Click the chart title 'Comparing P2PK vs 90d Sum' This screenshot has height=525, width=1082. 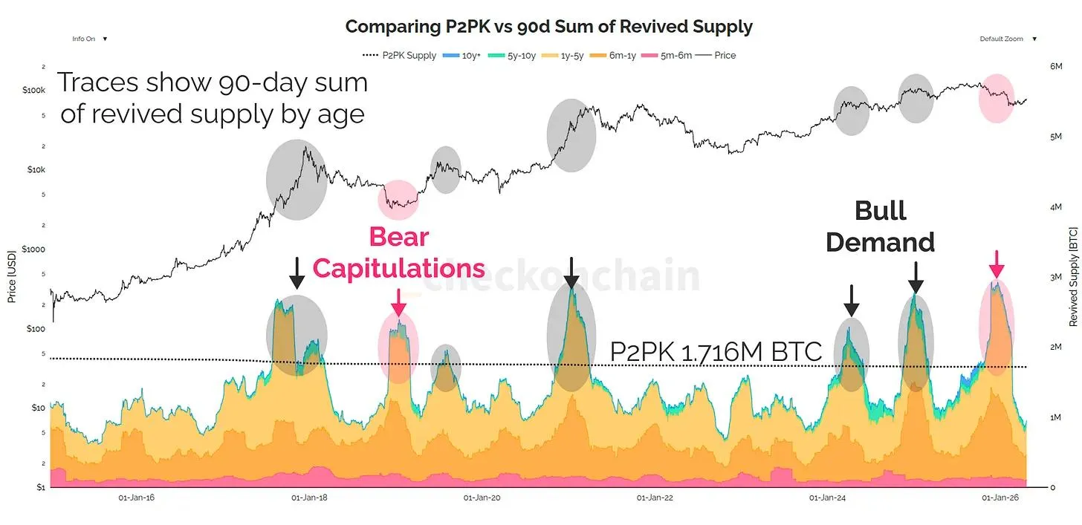(548, 27)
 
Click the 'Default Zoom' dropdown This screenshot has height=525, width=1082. (1008, 39)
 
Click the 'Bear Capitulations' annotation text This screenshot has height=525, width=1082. (399, 252)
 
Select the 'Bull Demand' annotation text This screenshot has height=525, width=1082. (881, 226)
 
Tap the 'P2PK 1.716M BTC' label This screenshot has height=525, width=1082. (716, 351)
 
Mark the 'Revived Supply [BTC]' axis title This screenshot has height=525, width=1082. (1073, 277)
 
